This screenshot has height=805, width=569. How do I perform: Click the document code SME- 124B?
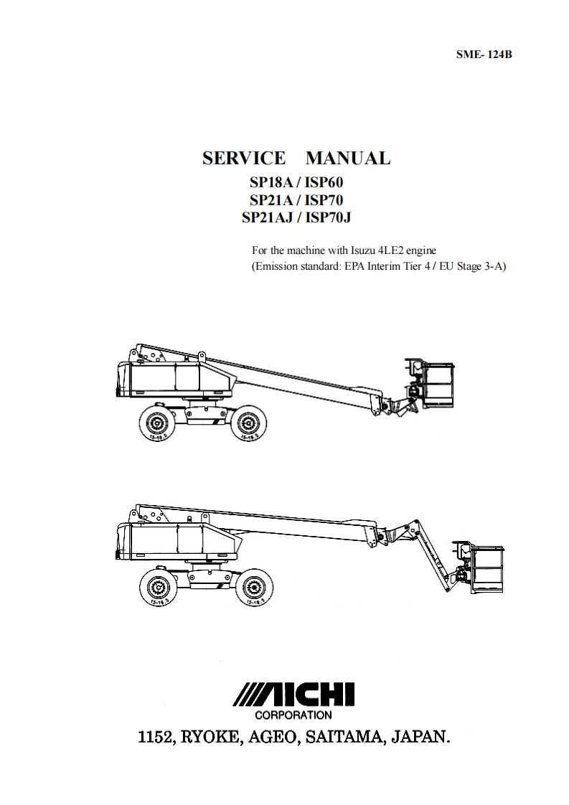pyautogui.click(x=484, y=54)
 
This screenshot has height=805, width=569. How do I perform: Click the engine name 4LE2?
pyautogui.click(x=392, y=250)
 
